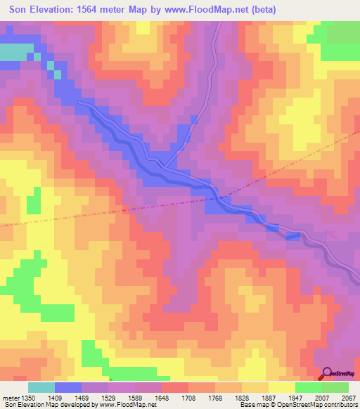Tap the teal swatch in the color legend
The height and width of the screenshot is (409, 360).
(41, 387)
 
